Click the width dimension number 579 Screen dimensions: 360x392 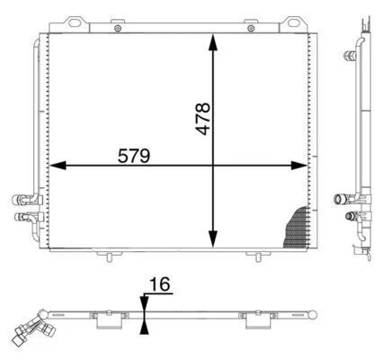pos(134,154)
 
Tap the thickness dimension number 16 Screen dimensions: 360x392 pos(159,285)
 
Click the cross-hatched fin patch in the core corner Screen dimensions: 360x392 pos(296,229)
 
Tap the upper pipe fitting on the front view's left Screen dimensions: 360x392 pos(21,201)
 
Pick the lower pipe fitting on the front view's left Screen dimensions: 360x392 pos(21,216)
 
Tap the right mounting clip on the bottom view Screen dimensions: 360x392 pos(252,318)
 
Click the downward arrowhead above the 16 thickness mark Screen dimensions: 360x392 pos(144,303)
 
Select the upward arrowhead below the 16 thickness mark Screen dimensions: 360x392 pos(144,324)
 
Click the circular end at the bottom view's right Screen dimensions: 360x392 pos(316,314)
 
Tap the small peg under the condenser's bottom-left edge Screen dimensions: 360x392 pos(109,257)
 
